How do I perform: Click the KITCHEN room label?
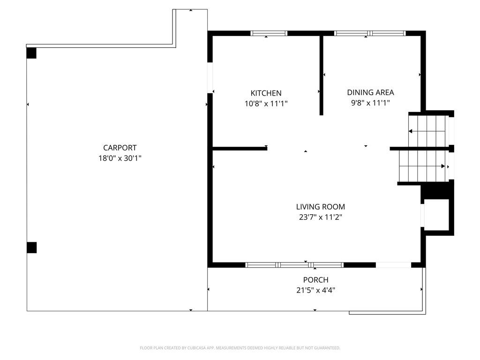coord(266,93)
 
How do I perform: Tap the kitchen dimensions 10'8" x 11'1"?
coord(266,104)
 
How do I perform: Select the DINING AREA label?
coord(370,92)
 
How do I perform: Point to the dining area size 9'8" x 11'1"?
coord(370,103)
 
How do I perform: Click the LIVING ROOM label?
coord(320,207)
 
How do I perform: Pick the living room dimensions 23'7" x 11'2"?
coord(320,217)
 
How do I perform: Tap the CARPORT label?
coord(120,148)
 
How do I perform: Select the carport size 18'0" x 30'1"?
coord(120,158)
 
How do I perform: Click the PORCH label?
coord(315,280)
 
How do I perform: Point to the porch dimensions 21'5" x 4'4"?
coord(315,290)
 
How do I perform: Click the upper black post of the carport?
coord(31,53)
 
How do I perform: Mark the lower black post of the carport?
coord(31,247)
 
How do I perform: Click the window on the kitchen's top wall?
coord(269,33)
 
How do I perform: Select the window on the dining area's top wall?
coord(370,33)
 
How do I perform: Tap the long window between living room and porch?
coord(295,265)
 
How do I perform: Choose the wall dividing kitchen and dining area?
coord(322,75)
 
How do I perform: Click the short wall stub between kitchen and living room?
coord(240,149)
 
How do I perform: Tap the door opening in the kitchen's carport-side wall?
coord(210,77)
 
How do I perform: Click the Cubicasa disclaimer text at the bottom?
coord(240,348)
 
